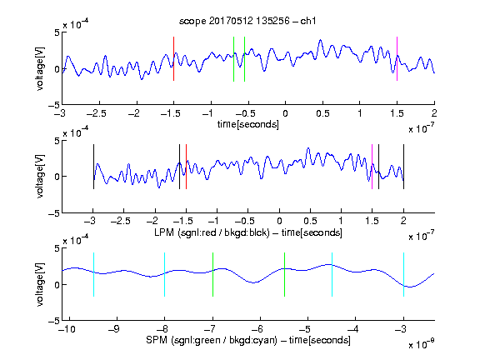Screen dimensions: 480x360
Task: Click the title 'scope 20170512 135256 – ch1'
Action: pos(247,21)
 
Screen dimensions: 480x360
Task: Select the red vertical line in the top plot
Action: pos(173,59)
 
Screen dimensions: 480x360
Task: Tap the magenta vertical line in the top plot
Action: pos(397,59)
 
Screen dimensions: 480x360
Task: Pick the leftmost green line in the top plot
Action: pos(233,59)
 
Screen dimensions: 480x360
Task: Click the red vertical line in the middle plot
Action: pos(186,167)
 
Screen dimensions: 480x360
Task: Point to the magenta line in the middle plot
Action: pos(372,167)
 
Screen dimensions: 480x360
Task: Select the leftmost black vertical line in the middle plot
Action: pos(93,167)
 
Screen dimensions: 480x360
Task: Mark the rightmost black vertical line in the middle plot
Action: pos(403,167)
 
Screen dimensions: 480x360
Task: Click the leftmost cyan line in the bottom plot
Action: pos(93,275)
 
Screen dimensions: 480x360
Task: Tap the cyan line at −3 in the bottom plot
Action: pos(403,275)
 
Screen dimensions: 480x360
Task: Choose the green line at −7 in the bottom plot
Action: pos(212,275)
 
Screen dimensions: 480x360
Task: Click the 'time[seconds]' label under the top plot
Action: pos(248,125)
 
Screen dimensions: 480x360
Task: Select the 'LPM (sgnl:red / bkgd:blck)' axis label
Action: pos(212,232)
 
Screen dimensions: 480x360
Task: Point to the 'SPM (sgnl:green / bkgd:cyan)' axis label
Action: pos(212,340)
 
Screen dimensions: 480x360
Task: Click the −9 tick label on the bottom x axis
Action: pos(114,329)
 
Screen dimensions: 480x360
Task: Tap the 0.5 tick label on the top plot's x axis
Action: pos(322,113)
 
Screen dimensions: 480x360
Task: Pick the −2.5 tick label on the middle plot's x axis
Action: pos(121,221)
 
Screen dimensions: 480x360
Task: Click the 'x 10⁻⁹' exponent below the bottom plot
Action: pos(421,344)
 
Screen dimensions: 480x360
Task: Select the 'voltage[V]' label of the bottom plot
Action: pos(40,284)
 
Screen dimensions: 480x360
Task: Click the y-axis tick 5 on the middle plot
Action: pos(57,141)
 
